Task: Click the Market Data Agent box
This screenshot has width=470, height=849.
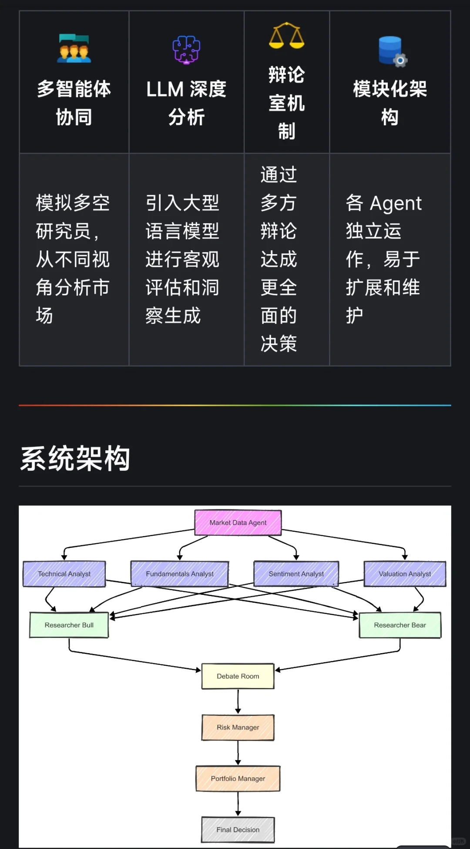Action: (238, 523)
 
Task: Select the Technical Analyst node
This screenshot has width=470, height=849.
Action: (64, 574)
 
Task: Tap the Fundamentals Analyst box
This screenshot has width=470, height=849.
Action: (180, 574)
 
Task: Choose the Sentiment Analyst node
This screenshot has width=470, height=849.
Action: (296, 574)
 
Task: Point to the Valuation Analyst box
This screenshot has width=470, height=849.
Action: (405, 574)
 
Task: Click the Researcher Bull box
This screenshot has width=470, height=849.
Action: (69, 625)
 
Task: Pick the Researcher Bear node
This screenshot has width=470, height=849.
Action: (400, 625)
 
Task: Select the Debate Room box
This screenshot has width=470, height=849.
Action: (238, 676)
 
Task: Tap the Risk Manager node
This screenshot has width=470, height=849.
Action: (238, 727)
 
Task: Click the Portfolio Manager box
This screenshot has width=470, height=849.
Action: (238, 779)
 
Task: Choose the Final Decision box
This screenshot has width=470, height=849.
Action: (238, 830)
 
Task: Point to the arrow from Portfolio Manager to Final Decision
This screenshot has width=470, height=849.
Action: (238, 804)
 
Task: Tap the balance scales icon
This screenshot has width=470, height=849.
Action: (286, 36)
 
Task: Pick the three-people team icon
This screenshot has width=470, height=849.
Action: (74, 48)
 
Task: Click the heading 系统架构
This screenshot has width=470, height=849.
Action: (75, 459)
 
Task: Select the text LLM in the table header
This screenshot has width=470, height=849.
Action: (165, 90)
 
